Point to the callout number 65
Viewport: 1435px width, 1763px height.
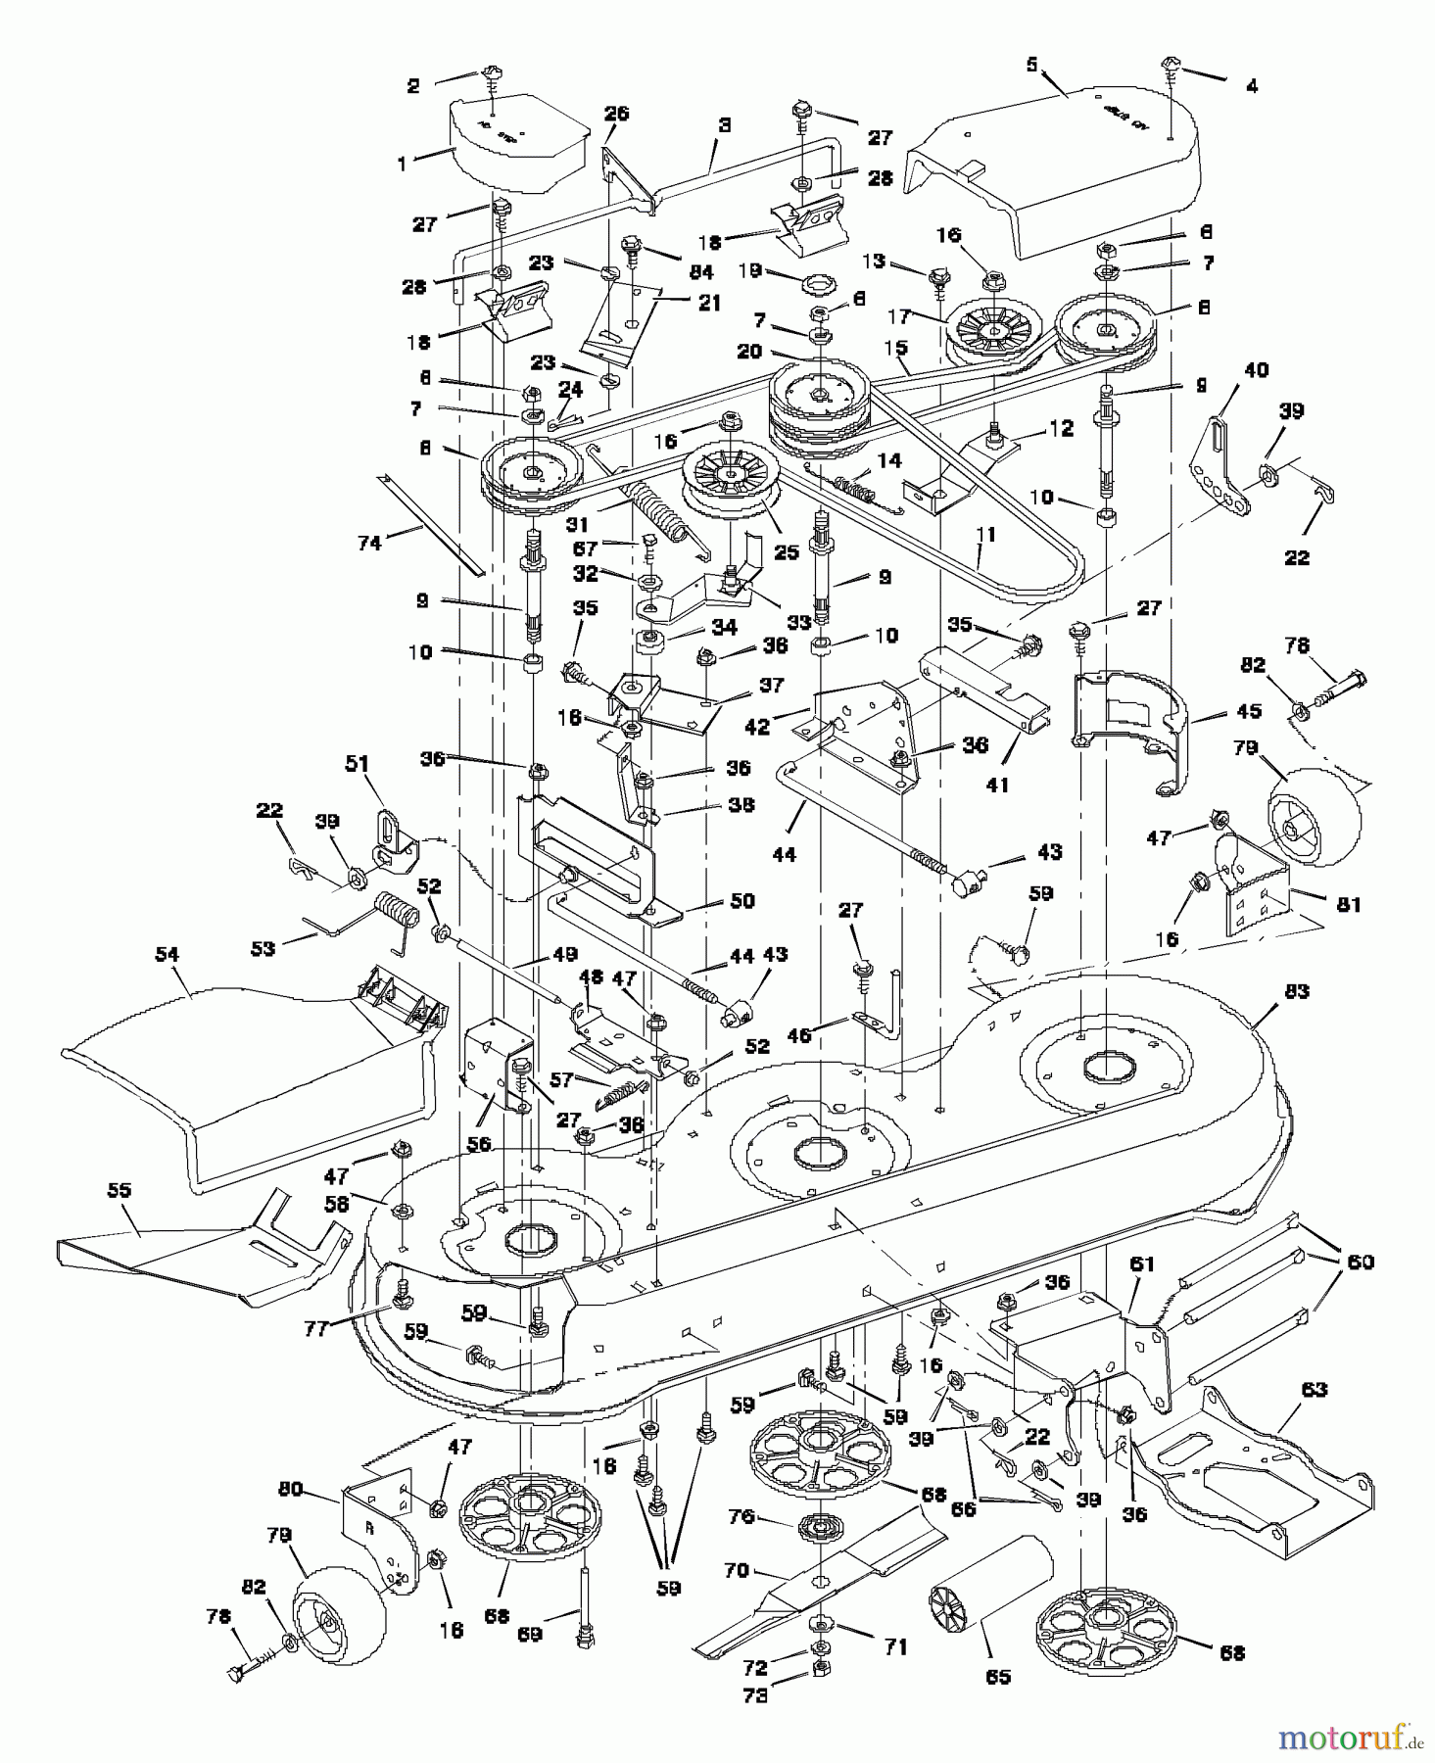tap(996, 1676)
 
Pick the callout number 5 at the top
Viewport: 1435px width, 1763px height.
tap(1031, 65)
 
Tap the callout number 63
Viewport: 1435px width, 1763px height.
tap(1314, 1389)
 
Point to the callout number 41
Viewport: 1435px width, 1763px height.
tap(999, 785)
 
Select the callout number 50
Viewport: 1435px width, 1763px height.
tap(742, 900)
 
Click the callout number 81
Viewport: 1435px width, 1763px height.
tap(1349, 905)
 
